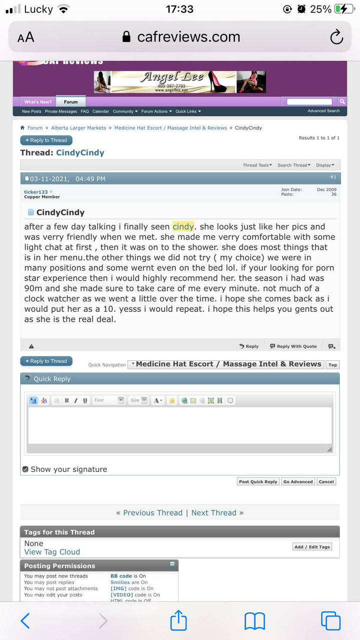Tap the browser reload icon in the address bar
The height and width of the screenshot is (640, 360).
(x=336, y=37)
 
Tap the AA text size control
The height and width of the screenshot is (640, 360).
(x=26, y=37)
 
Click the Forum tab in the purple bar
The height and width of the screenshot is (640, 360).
(x=71, y=101)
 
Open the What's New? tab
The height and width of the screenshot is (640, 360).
(x=38, y=101)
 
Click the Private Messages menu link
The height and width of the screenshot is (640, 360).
(x=61, y=111)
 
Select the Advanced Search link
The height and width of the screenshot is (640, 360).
(x=323, y=111)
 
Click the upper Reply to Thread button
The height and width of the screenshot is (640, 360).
(x=46, y=140)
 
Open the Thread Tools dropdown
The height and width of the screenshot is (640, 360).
(x=257, y=165)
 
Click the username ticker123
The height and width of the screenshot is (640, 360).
(x=36, y=192)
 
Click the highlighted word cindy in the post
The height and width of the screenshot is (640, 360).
(x=183, y=226)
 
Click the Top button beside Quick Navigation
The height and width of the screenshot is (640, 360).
(x=332, y=365)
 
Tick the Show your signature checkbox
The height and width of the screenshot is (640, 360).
(x=25, y=469)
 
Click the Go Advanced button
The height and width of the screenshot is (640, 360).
(x=298, y=481)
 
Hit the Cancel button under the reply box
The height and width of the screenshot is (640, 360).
(x=326, y=481)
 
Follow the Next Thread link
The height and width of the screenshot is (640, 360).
(x=214, y=512)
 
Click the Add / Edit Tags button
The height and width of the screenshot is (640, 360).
(x=312, y=547)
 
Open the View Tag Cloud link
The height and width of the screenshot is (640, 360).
(x=52, y=552)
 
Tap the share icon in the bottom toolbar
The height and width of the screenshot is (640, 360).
(x=178, y=621)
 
